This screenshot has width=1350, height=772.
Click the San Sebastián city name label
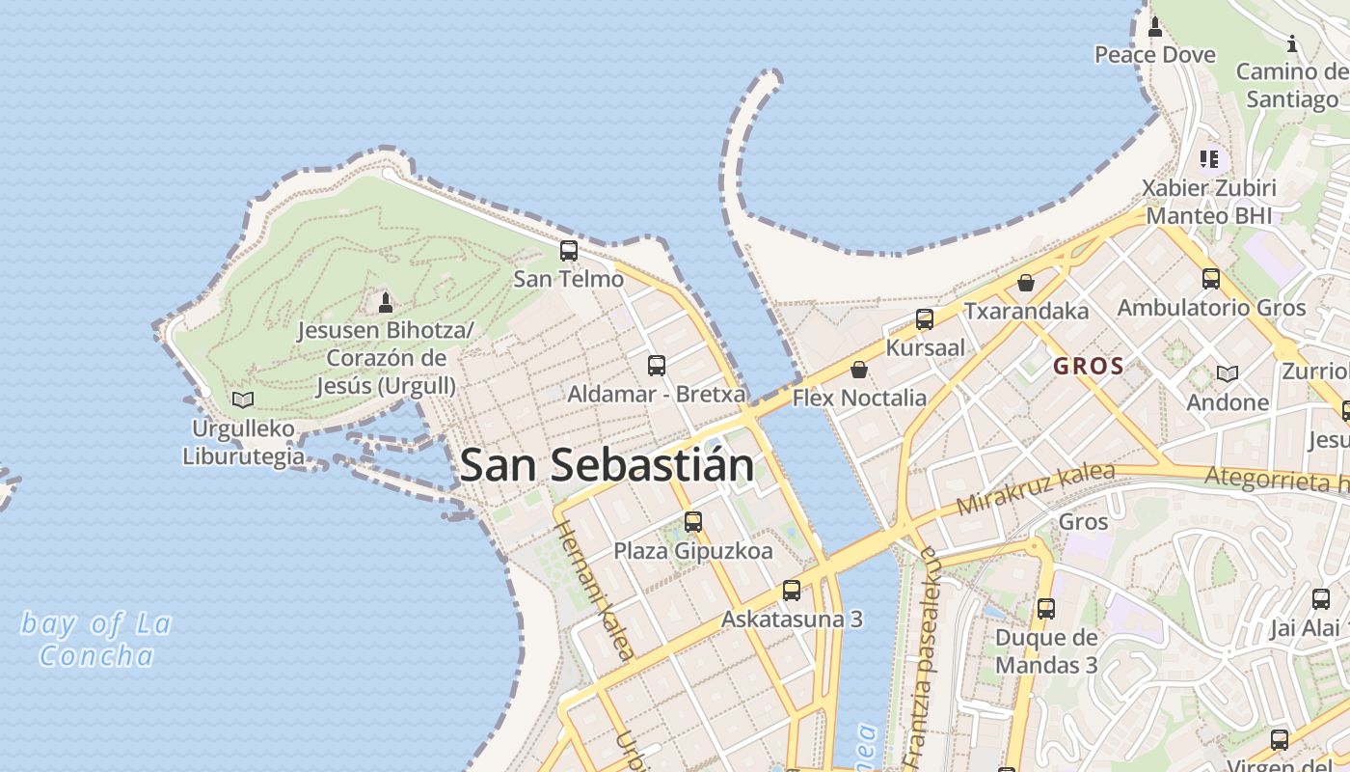[x=607, y=465]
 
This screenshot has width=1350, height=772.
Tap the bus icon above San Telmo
[x=569, y=251]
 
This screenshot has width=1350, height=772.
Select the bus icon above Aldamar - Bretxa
[x=657, y=366]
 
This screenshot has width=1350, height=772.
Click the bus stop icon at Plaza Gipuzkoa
[x=693, y=522]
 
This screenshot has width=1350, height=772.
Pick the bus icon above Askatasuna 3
[x=792, y=590]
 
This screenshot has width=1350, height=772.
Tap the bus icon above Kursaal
[x=925, y=319]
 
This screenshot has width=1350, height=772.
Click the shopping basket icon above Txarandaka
[x=1026, y=283]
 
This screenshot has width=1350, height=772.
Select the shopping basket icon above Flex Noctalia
[x=859, y=370]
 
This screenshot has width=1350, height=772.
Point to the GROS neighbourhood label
[x=1089, y=367]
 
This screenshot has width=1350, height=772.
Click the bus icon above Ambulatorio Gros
[x=1211, y=279]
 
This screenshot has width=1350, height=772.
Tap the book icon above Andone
[x=1228, y=373]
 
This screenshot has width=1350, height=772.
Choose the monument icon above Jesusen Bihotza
[x=386, y=302]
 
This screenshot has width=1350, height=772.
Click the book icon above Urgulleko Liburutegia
[x=243, y=400]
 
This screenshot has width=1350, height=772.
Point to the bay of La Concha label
[x=96, y=640]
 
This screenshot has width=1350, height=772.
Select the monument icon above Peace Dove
[x=1155, y=26]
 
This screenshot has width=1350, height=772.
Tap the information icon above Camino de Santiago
[x=1292, y=43]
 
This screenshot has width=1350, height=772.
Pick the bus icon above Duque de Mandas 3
[x=1046, y=609]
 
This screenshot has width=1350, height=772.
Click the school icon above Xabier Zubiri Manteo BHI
[x=1209, y=158]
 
